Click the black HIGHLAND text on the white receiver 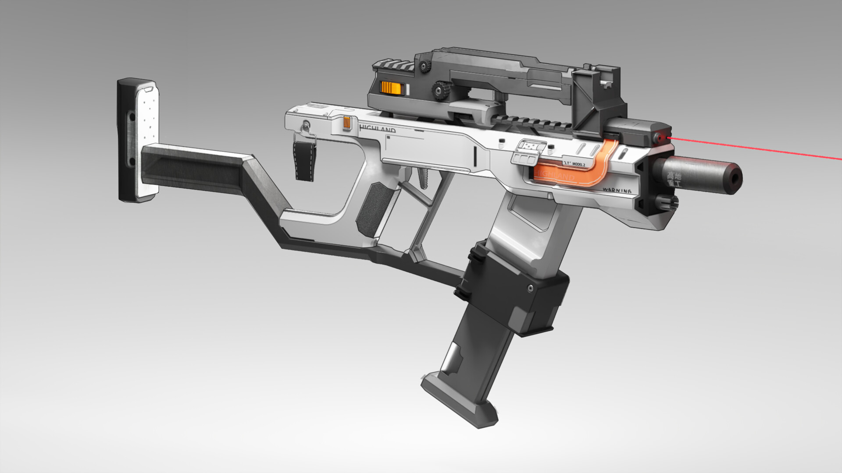click(x=377, y=129)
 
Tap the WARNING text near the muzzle click(x=617, y=191)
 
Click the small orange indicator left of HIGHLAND click(x=347, y=124)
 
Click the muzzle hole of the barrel click(x=735, y=177)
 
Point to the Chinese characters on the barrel click(x=674, y=180)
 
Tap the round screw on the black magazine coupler click(x=531, y=288)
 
